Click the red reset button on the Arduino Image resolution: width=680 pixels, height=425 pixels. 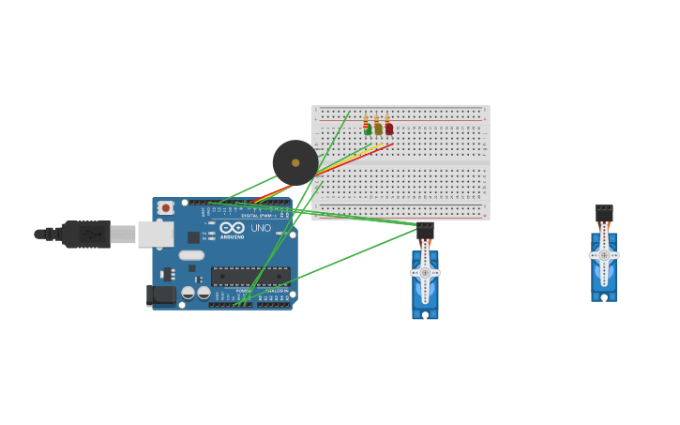pyautogui.click(x=165, y=207)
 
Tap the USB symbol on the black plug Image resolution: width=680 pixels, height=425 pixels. pyautogui.click(x=91, y=234)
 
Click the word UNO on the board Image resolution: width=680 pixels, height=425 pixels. pyautogui.click(x=260, y=228)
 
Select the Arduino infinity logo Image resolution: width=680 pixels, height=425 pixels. pyautogui.click(x=232, y=228)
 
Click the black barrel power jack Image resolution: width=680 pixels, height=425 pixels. pyautogui.click(x=161, y=295)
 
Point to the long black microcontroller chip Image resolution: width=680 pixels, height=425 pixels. pyautogui.click(x=250, y=276)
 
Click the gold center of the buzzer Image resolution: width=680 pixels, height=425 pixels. pyautogui.click(x=295, y=162)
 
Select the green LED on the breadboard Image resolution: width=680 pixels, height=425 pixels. pyautogui.click(x=368, y=130)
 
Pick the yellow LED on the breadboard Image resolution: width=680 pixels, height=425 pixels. pyautogui.click(x=378, y=129)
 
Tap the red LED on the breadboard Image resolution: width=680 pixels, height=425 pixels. pyautogui.click(x=389, y=129)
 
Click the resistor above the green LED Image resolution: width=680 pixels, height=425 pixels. pyautogui.click(x=366, y=120)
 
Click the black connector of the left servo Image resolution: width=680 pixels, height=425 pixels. pyautogui.click(x=425, y=230)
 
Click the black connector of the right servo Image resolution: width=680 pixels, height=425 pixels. pyautogui.click(x=604, y=213)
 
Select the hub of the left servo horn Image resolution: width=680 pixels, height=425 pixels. pyautogui.click(x=425, y=273)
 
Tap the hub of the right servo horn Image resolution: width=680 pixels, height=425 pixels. pyautogui.click(x=604, y=255)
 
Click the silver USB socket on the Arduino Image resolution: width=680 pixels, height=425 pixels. pyautogui.click(x=156, y=234)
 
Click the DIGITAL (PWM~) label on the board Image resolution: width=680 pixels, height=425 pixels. pyautogui.click(x=257, y=216)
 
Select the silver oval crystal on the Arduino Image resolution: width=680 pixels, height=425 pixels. pyautogui.click(x=191, y=255)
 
